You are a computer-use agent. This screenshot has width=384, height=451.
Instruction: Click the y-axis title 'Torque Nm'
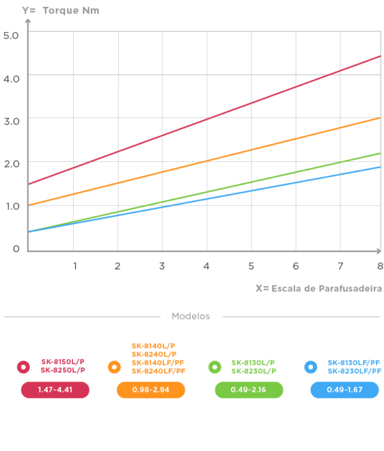coord(71,11)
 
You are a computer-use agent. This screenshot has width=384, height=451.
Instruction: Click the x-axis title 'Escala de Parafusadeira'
coord(326,289)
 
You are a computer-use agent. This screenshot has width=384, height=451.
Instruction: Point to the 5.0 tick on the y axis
coord(11,36)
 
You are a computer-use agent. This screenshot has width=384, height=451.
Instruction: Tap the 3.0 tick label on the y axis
coord(12,122)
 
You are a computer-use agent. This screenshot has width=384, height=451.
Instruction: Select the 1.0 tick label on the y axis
coord(13,206)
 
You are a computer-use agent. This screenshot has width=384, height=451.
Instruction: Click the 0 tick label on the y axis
coord(16,249)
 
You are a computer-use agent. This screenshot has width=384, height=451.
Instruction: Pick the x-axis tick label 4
coord(206,266)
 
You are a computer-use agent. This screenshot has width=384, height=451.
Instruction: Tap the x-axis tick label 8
coord(380,266)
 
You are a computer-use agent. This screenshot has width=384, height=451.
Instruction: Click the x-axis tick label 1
coord(75,266)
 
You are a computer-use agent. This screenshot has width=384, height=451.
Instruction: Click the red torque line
coord(204,120)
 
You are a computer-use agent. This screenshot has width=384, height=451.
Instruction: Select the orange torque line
coord(204,161)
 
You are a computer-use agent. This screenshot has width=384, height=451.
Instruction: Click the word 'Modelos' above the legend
coord(191,316)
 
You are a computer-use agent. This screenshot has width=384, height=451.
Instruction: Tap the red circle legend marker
coord(23,367)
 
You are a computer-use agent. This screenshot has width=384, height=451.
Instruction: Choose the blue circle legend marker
coord(310,367)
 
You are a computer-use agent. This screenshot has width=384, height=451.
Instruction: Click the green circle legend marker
coord(215,367)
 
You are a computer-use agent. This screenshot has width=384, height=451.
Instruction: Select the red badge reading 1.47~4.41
coord(55,390)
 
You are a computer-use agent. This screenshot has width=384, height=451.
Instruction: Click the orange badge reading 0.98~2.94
coord(151,390)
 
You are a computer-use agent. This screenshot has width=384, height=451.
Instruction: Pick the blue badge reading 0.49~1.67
coord(344,390)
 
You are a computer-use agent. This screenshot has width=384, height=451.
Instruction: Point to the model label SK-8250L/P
coord(63,370)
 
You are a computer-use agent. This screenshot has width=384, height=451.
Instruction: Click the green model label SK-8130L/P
coord(253,363)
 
